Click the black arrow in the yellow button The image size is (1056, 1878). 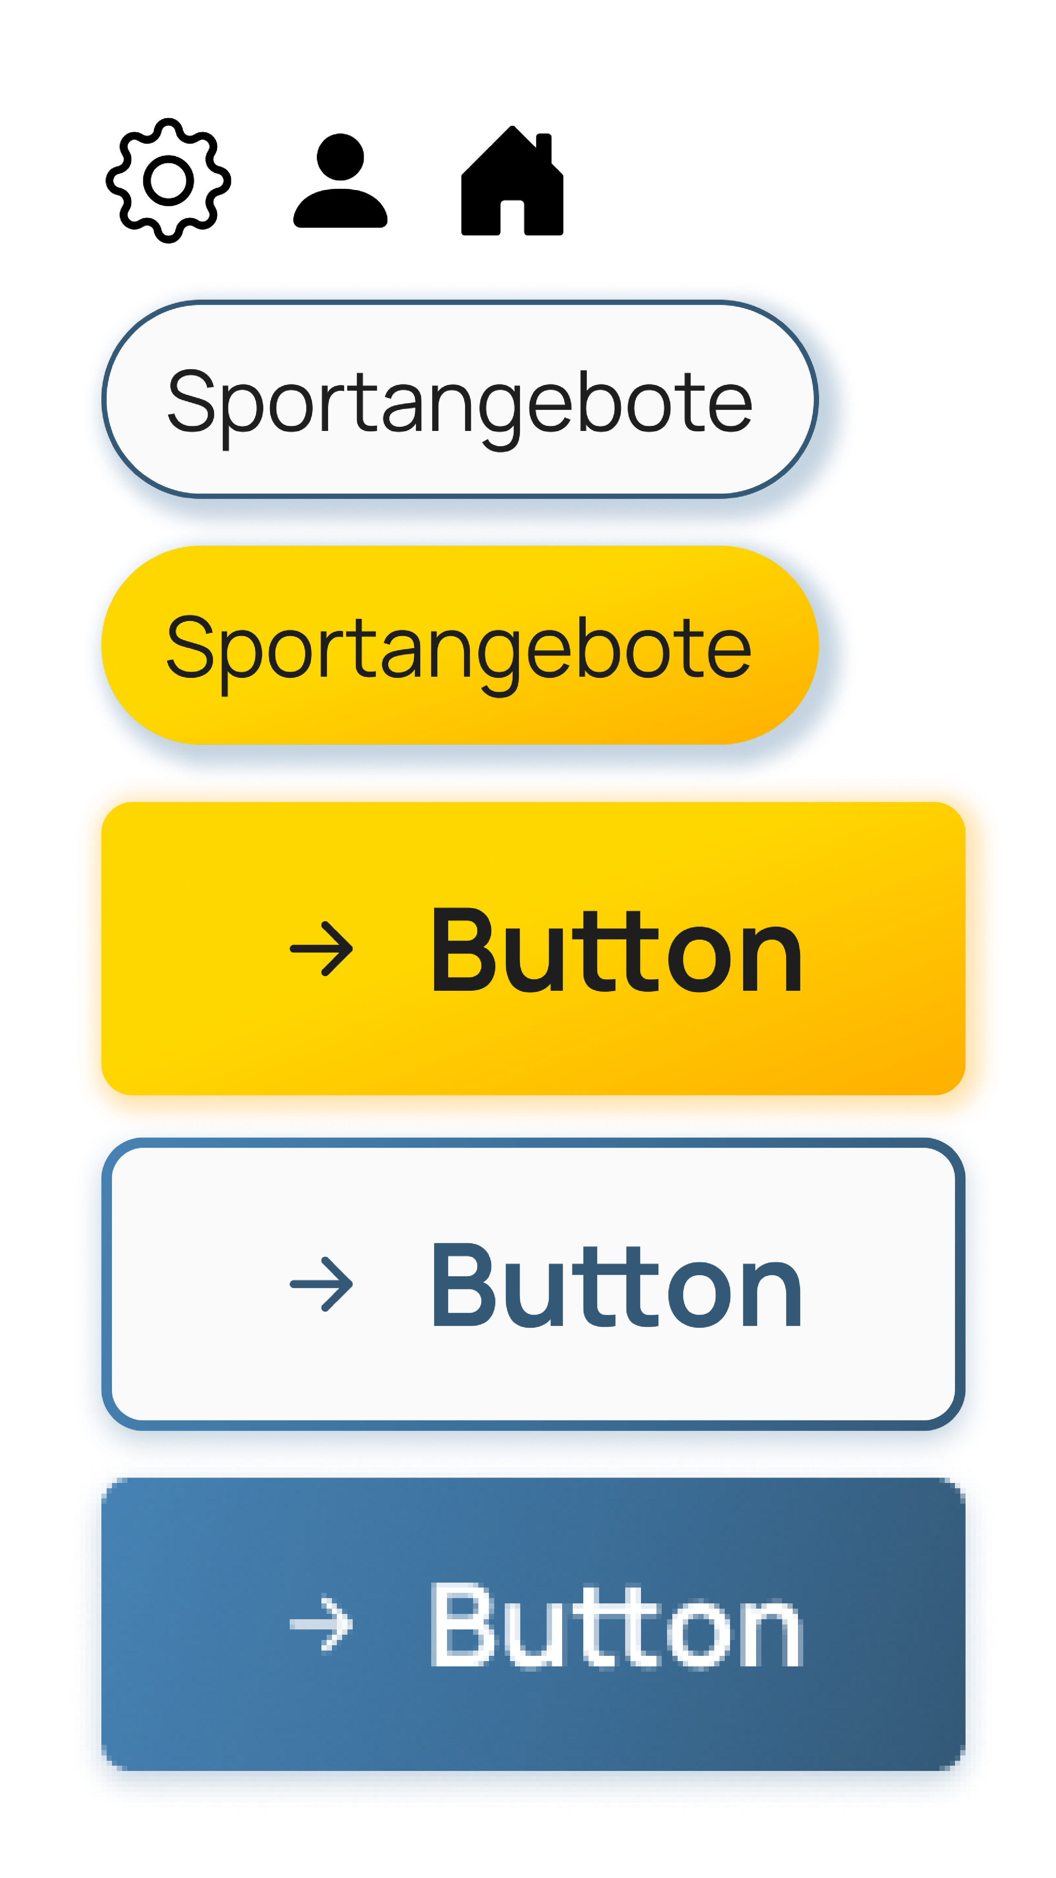321,949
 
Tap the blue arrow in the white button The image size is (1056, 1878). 321,1284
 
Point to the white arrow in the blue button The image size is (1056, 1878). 321,1625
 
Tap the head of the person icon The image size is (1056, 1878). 340,155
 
